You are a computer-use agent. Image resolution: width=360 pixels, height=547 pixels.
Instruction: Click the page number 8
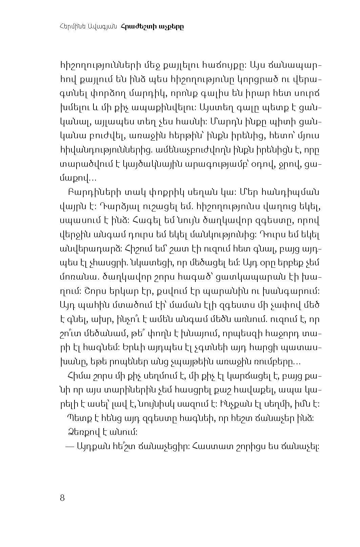coord(62,498)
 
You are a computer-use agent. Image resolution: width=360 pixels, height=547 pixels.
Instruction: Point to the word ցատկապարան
coord(241,278)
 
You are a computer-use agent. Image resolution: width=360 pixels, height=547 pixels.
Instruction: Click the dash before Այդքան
coord(69,447)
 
